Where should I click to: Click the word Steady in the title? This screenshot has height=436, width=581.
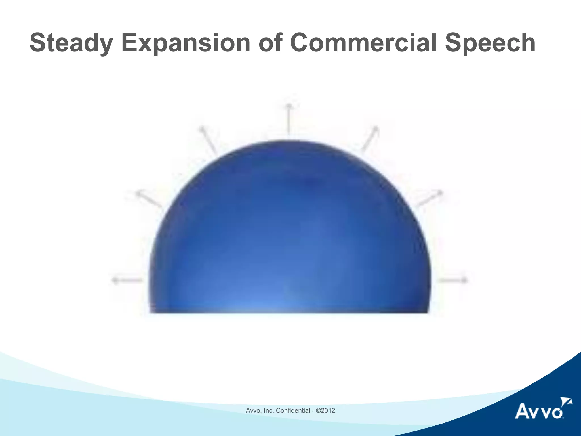click(x=70, y=43)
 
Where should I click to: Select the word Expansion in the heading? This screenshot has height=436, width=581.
click(x=186, y=43)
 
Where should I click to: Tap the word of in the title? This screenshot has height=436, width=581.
click(x=270, y=43)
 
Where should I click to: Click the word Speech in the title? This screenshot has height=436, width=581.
click(x=490, y=43)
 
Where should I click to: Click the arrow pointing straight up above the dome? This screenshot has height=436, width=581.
click(x=289, y=119)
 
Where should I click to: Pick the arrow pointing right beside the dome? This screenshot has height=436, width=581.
click(x=453, y=280)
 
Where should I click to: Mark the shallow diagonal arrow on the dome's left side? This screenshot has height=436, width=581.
click(x=149, y=200)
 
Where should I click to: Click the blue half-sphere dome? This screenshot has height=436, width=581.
click(x=289, y=233)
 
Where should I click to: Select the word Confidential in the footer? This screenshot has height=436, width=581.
click(x=293, y=410)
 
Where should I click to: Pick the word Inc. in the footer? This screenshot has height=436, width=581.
click(x=269, y=410)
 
